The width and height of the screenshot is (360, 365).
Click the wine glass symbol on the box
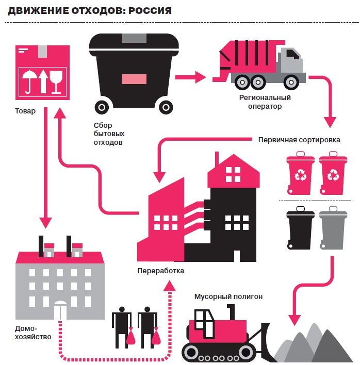coord(56,81)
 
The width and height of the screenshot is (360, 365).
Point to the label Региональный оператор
coord(265,102)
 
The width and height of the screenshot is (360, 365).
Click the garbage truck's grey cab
coord(290,58)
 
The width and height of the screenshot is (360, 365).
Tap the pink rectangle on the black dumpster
coord(133,78)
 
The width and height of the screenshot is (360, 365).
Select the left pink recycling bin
coord(300,175)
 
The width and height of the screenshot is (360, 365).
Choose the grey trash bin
coord(332,229)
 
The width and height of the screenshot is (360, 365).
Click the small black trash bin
coord(300,229)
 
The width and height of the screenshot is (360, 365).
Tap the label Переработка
coord(160,271)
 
